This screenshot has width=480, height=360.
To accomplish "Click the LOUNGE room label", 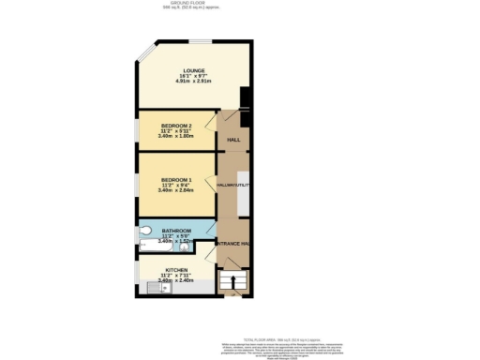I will (x=194, y=70).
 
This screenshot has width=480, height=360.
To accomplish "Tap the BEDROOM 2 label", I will (x=176, y=126).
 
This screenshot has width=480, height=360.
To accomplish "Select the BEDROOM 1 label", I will (x=176, y=179).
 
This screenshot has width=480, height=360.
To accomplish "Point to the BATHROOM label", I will (x=176, y=230).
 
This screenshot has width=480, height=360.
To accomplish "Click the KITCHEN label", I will (x=176, y=268).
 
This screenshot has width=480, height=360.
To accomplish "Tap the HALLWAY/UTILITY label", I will (x=231, y=185).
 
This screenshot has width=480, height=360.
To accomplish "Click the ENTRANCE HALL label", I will (x=232, y=244).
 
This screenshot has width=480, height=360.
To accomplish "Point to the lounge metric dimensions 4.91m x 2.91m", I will (x=194, y=82).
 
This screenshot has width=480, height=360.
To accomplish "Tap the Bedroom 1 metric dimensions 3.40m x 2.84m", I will (x=176, y=190).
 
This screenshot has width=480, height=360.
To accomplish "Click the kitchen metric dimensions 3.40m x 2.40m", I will (x=176, y=279).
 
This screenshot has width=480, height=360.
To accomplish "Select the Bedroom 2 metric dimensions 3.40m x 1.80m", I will (x=176, y=137).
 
